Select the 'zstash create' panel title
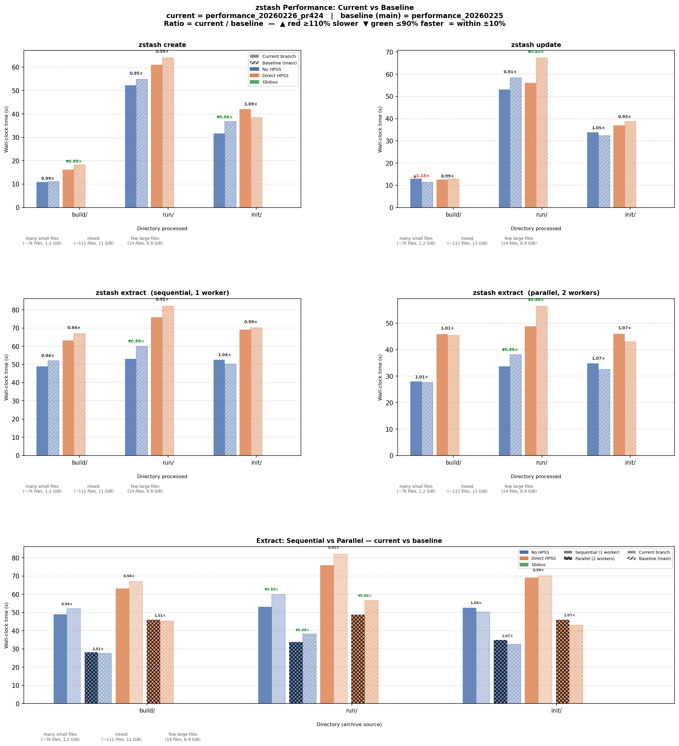[x=162, y=45]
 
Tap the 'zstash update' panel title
[x=536, y=45]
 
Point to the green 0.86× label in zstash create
[x=225, y=117]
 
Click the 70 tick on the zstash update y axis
[x=389, y=52]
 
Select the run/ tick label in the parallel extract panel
[x=541, y=462]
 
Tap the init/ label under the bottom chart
[x=556, y=710]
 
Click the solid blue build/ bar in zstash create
[x=42, y=195]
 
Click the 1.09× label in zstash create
[x=251, y=104]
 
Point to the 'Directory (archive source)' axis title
[x=349, y=725]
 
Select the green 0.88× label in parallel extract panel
[x=510, y=350]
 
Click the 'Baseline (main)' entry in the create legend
[x=279, y=63]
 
